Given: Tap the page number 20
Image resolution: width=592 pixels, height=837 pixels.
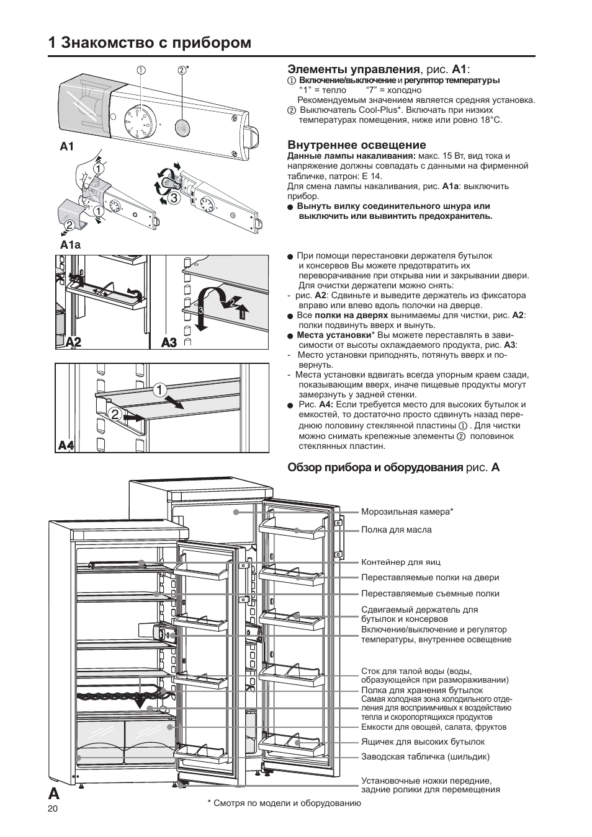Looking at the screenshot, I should coord(52,808).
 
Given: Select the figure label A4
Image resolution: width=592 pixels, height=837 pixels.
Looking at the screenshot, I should coord(66,445).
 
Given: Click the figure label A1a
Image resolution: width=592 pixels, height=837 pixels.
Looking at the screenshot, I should coord(70,244).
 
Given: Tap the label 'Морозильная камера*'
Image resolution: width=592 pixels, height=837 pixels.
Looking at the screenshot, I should coord(407,512).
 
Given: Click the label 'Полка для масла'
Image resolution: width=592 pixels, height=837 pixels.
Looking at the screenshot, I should coord(396,529).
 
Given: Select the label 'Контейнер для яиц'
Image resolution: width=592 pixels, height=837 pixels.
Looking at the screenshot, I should coord(400,562).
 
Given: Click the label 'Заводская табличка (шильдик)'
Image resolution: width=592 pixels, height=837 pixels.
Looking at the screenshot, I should coord(425,756).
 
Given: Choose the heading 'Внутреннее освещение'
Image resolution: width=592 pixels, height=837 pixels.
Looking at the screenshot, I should coord(348,145).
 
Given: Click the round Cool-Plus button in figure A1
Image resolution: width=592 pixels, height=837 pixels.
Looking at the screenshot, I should coord(182,128).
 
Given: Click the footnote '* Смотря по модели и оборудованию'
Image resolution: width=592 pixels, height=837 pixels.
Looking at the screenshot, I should coord(284,803).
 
